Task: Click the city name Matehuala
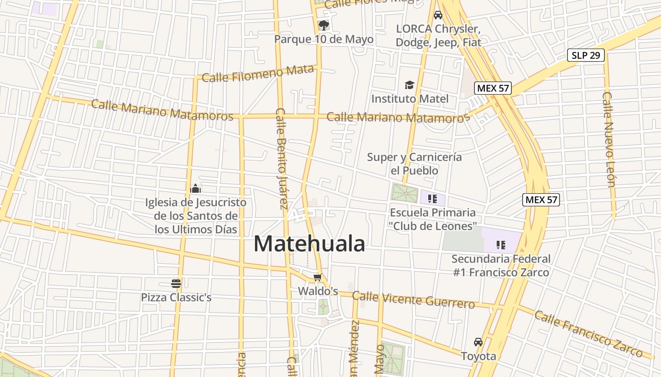pos(309,244)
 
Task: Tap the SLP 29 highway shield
pos(585,55)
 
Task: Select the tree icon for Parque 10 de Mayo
pos(323,25)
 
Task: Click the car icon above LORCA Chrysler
pos(438,15)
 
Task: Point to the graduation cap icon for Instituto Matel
pos(409,85)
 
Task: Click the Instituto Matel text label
pos(410,98)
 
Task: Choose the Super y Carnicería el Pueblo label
pos(414,164)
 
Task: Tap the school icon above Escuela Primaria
pos(432,199)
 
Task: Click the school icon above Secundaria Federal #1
pos(500,245)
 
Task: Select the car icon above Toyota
pos(478,342)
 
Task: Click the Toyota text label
pos(478,356)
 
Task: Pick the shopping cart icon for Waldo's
pos(318,278)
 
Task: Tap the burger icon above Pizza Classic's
pos(176,283)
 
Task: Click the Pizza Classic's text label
pos(176,297)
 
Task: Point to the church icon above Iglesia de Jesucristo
pos(195,189)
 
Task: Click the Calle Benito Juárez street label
pos(282,158)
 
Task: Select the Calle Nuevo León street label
pos(609,139)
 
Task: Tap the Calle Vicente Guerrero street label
pos(413,299)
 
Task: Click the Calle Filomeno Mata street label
pos(258,74)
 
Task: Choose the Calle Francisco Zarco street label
pos(588,334)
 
